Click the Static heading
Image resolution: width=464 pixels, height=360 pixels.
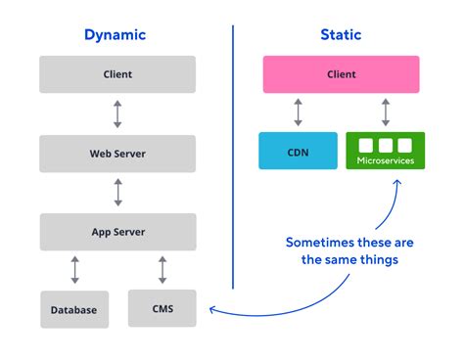point(341,35)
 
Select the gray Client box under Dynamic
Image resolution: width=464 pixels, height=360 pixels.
point(117,74)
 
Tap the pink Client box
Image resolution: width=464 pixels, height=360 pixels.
point(341,74)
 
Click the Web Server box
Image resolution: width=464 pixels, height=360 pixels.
point(117,154)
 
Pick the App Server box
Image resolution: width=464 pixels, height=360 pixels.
point(117,232)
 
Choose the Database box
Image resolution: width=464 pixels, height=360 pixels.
point(73,309)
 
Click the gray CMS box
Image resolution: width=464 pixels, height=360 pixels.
point(162,308)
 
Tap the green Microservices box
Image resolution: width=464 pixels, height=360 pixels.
point(384,151)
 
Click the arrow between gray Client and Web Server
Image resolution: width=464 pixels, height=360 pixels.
point(117,113)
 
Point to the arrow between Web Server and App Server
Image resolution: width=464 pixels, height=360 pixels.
point(117,193)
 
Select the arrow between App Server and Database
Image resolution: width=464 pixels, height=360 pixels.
point(73,270)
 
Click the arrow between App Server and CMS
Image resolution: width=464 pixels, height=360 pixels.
point(162,270)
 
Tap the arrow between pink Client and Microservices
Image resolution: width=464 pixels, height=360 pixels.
point(384,112)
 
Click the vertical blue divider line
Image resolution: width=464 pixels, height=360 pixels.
point(233,157)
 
